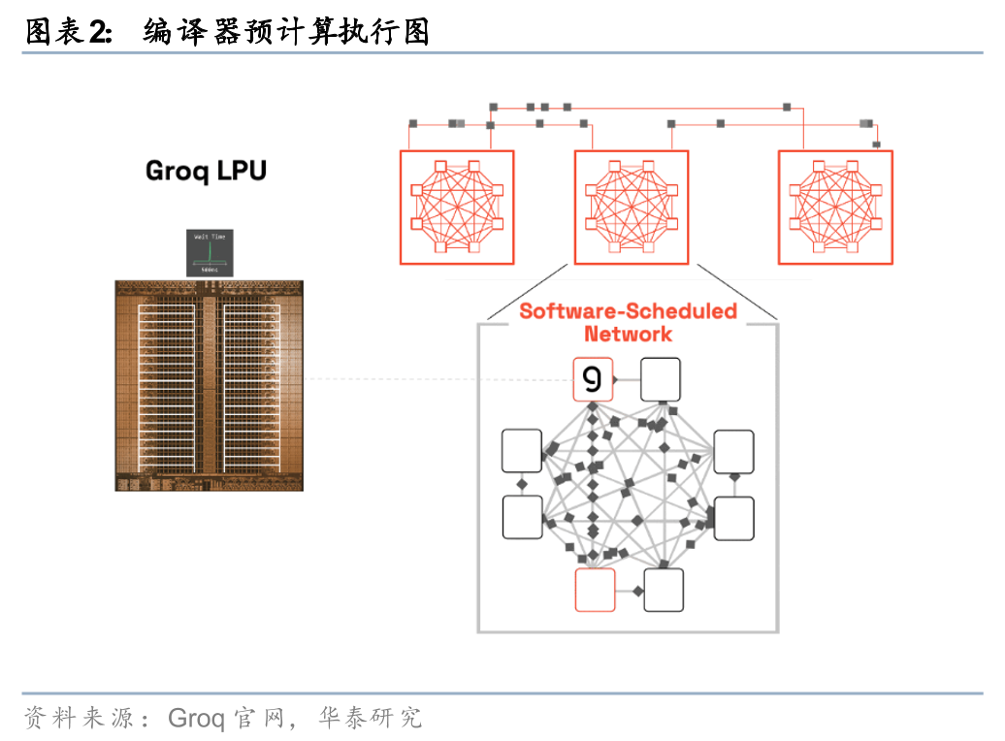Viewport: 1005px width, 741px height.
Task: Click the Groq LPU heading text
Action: click(206, 172)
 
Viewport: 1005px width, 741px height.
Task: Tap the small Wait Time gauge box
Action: click(209, 252)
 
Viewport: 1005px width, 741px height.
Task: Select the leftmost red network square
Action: click(456, 207)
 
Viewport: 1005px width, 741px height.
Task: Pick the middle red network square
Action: click(632, 207)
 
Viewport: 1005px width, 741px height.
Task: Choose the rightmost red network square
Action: click(835, 207)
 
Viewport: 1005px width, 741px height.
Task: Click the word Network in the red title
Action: click(628, 334)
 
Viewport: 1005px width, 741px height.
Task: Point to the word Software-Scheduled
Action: click(628, 311)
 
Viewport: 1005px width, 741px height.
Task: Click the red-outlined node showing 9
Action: click(593, 379)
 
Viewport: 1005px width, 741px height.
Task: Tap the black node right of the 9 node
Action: click(661, 379)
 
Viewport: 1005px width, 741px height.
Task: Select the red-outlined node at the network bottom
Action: click(595, 590)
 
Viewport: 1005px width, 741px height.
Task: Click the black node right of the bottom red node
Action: click(664, 590)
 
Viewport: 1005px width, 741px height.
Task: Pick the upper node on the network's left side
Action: click(522, 451)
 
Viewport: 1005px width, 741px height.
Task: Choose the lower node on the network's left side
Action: click(522, 517)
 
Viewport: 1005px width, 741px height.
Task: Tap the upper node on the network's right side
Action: click(733, 451)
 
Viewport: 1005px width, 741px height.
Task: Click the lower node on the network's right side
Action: click(733, 518)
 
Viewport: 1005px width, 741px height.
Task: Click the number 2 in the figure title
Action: click(98, 33)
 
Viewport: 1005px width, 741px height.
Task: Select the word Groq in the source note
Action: click(196, 719)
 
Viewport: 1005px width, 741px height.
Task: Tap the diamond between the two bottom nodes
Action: click(637, 590)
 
